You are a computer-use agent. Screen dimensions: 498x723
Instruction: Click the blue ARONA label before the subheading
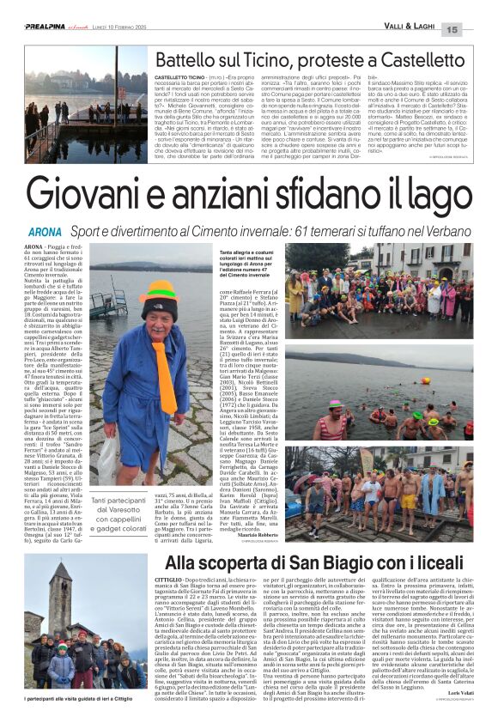pyautogui.click(x=45, y=233)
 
